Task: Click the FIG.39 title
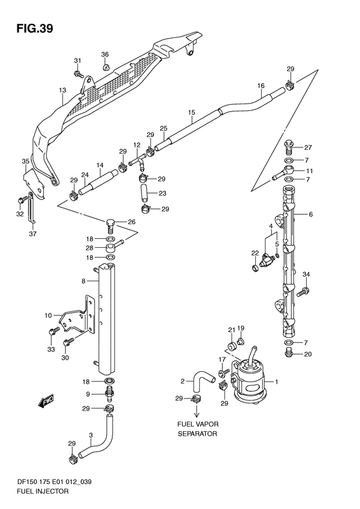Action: point(35,28)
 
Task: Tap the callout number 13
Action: point(62,90)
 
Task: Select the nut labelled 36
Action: point(106,67)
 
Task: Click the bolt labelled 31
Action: point(78,74)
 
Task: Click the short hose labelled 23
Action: point(145,194)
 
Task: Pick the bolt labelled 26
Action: point(111,227)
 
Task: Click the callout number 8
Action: point(84,281)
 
